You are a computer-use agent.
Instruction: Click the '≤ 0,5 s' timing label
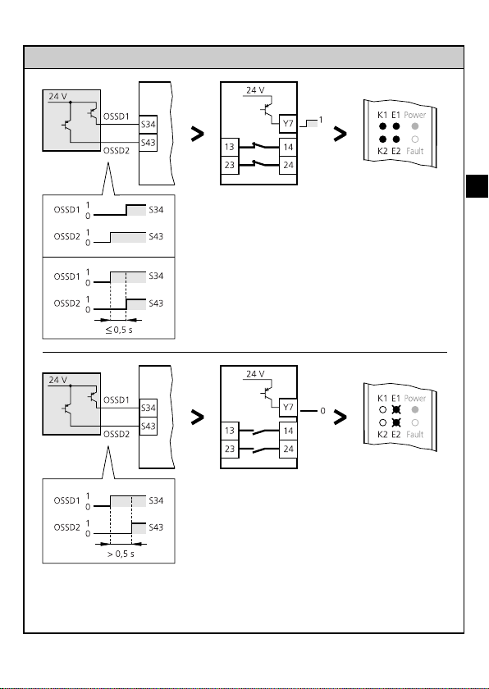click(119, 330)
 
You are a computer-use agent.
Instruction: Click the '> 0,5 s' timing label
click(121, 554)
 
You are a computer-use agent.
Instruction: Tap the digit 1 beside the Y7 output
click(321, 120)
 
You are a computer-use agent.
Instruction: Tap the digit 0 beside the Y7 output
click(322, 411)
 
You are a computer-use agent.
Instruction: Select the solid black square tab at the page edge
click(477, 186)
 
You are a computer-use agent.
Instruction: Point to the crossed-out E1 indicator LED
click(396, 409)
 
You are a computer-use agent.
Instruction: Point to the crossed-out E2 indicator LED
click(396, 422)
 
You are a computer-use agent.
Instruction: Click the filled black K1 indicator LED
click(382, 126)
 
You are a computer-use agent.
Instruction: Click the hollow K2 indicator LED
click(382, 422)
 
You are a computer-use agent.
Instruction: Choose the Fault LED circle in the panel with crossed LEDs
click(415, 422)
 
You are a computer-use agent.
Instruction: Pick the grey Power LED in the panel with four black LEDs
click(415, 126)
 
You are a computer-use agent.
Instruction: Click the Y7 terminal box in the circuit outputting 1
click(288, 124)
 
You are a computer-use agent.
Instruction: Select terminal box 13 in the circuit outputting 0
click(230, 431)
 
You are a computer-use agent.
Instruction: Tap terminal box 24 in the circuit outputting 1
click(288, 165)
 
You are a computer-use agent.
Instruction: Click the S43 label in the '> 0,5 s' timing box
click(156, 527)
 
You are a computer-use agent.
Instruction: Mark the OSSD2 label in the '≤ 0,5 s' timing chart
click(66, 303)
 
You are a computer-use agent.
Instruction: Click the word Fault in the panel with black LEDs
click(415, 151)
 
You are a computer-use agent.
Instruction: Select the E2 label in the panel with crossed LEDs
click(395, 434)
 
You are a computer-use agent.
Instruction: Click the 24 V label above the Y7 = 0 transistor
click(255, 374)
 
